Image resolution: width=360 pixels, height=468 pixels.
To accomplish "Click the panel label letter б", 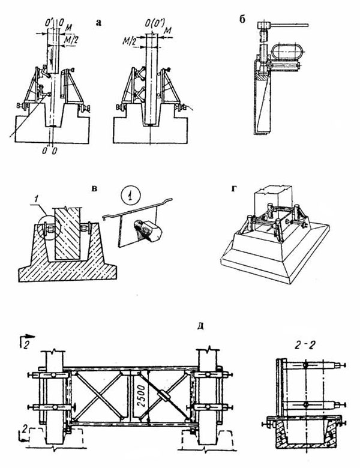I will pos(242,19).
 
